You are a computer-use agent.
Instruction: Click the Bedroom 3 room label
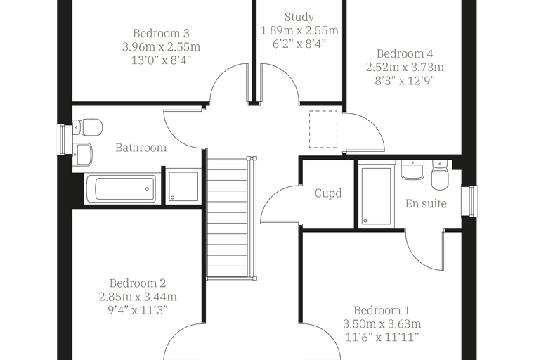[161, 34]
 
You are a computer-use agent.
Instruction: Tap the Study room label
[299, 17]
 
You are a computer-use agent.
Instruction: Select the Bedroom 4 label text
[405, 54]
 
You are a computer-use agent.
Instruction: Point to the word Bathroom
[141, 148]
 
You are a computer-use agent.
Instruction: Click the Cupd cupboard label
[328, 193]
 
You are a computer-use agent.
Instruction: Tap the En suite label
[426, 203]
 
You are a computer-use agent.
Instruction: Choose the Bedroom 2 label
[138, 283]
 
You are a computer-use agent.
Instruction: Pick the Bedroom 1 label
[382, 311]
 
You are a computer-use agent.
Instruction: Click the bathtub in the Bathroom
[121, 188]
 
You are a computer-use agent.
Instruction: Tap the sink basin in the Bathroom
[82, 155]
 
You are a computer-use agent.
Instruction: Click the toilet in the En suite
[441, 175]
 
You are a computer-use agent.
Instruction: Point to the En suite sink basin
[412, 169]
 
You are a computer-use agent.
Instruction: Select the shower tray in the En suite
[376, 196]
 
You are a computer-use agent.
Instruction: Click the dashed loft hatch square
[323, 129]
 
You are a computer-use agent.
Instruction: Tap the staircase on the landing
[232, 218]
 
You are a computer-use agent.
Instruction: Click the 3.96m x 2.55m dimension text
[161, 46]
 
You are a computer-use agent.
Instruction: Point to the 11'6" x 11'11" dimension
[382, 337]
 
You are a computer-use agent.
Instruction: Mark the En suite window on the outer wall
[470, 201]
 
